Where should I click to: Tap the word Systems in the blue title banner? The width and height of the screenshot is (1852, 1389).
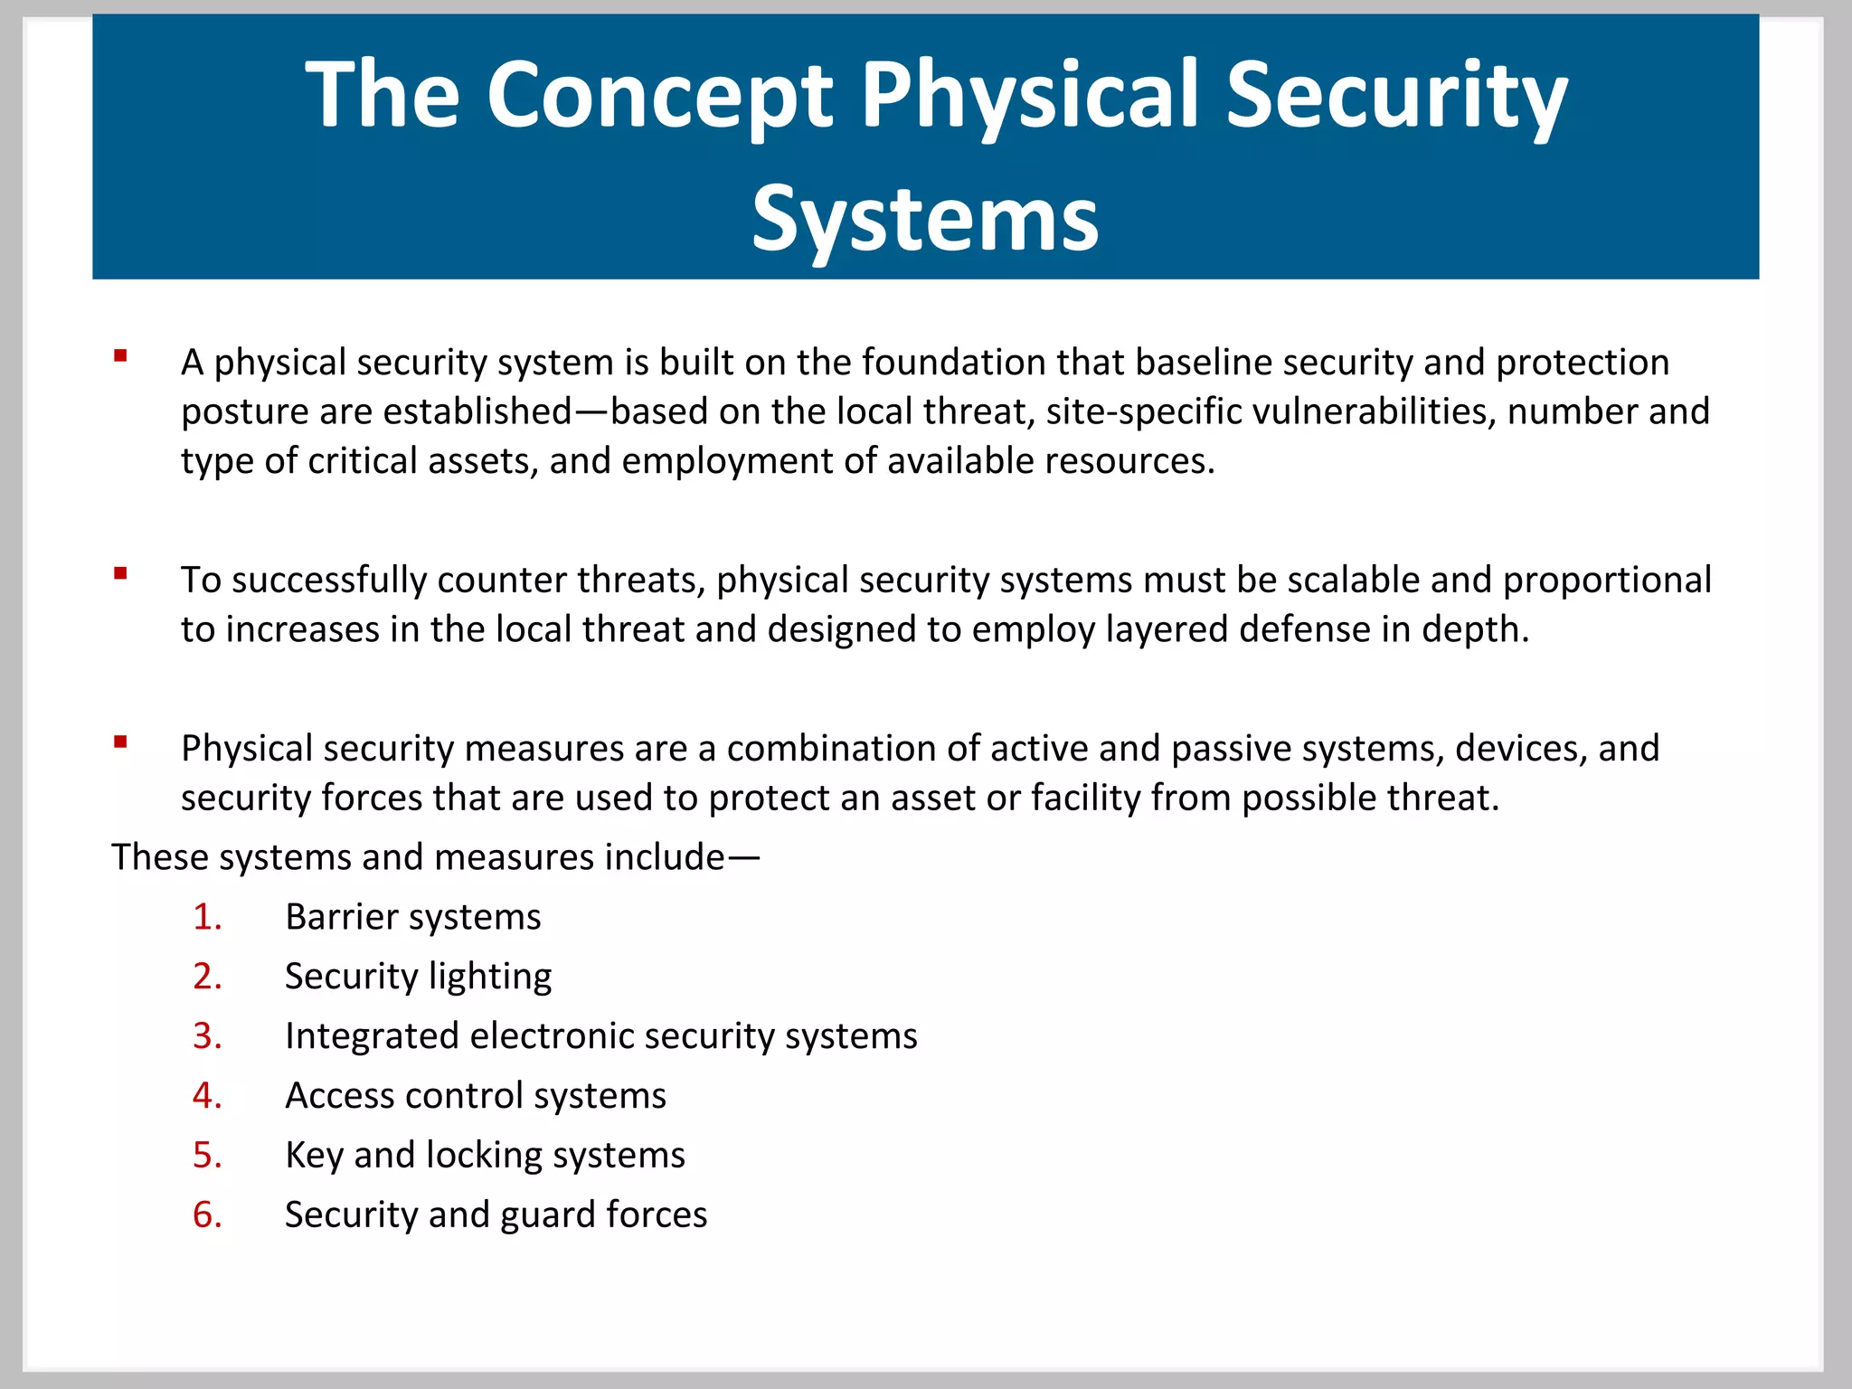point(925,219)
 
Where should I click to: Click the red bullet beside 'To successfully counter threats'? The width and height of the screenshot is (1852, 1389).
point(120,572)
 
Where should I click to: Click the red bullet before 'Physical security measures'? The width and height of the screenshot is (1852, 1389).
point(120,742)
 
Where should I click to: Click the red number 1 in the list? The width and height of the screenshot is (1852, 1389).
point(206,917)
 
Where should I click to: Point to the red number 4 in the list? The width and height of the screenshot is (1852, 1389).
point(206,1096)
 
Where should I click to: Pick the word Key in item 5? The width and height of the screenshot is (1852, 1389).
point(313,1156)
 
